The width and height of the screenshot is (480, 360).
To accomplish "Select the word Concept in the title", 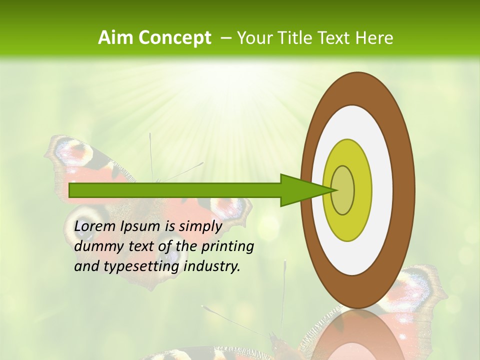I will pos(174,38).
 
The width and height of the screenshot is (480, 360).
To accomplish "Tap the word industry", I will pos(212,266).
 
